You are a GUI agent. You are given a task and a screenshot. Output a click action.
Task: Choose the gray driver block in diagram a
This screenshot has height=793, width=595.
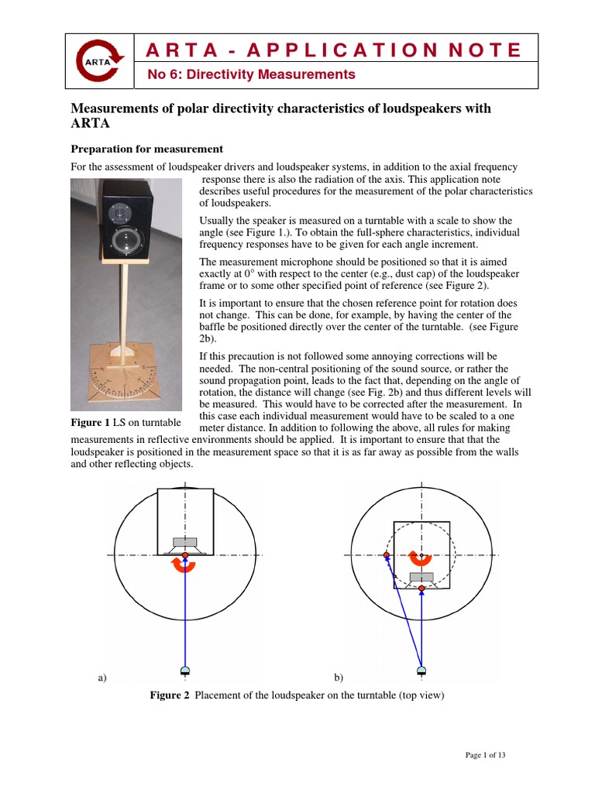(x=185, y=541)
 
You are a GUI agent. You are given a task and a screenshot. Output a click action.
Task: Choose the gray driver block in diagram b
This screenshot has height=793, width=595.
(x=421, y=577)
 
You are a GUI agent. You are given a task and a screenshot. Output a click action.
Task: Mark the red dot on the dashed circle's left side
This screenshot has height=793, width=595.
(x=386, y=555)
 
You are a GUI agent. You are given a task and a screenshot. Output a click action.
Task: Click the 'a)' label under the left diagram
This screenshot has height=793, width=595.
(x=101, y=678)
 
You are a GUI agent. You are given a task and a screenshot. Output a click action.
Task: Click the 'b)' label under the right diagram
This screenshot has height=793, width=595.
(x=339, y=678)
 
